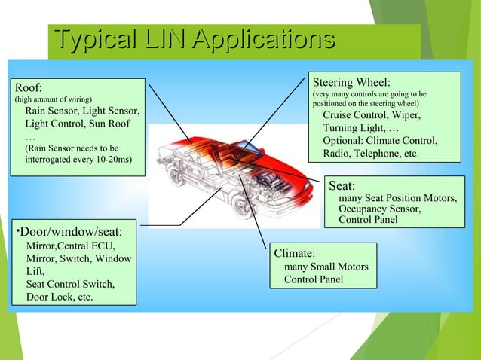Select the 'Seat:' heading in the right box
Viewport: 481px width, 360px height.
(x=342, y=185)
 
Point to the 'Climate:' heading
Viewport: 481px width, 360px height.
(x=294, y=253)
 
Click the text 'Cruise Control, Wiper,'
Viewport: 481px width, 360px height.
(x=372, y=114)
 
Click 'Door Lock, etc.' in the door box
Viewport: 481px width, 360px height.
(x=60, y=297)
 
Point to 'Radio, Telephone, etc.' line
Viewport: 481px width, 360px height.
(x=371, y=154)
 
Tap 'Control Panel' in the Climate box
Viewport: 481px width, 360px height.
(x=313, y=279)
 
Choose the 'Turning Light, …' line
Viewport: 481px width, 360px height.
(x=361, y=128)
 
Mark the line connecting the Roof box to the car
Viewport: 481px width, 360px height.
(x=169, y=109)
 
